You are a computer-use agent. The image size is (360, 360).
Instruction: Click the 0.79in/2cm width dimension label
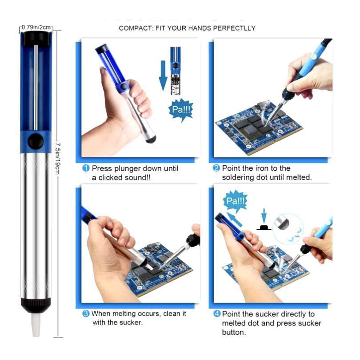click(x=36, y=27)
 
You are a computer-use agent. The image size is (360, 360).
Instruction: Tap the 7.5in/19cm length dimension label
click(x=58, y=158)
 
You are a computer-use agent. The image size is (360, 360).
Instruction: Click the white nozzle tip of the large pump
click(x=36, y=325)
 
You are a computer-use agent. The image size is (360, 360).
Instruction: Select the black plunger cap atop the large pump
click(x=36, y=38)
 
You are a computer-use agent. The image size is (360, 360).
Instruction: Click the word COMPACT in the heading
click(x=135, y=28)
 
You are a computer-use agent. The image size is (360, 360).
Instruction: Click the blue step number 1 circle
click(x=86, y=168)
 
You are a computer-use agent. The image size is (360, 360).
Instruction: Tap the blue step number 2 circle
click(x=216, y=168)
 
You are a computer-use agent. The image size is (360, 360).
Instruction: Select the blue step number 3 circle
click(x=86, y=313)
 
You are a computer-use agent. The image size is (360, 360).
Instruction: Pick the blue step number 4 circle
click(x=217, y=314)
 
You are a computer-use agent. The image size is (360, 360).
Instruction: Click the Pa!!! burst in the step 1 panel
click(x=181, y=110)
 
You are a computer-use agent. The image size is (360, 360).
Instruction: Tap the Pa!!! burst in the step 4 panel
click(x=235, y=201)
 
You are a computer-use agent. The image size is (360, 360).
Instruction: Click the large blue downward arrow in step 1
click(x=163, y=75)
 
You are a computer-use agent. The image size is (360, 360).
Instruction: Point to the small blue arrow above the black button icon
click(x=264, y=216)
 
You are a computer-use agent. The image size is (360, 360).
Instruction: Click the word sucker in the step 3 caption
click(x=131, y=322)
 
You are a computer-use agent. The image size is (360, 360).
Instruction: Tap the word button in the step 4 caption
click(x=234, y=332)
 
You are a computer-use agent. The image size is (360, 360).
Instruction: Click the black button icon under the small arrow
click(x=264, y=227)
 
